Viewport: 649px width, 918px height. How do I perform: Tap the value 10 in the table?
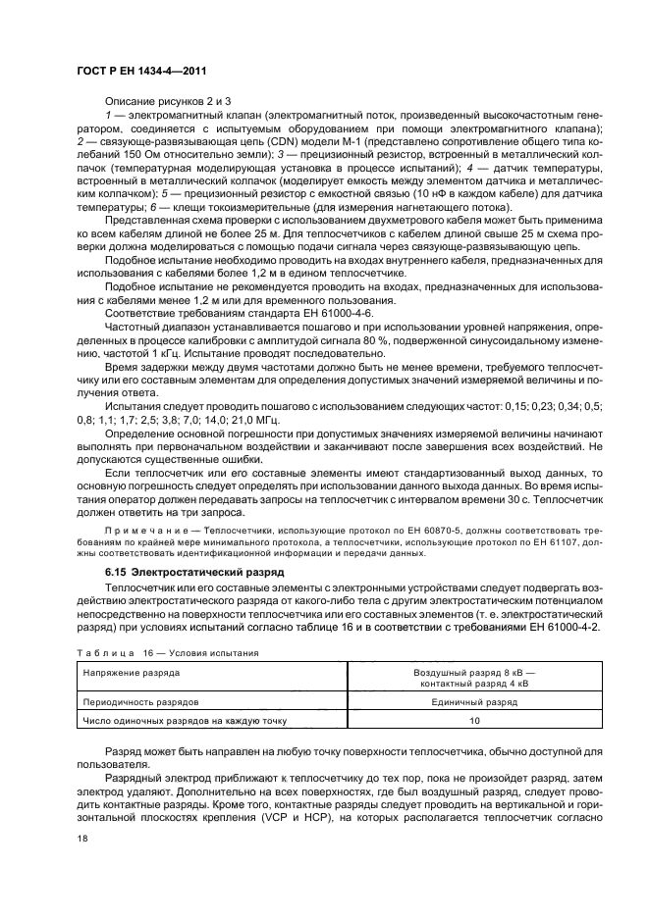(474, 721)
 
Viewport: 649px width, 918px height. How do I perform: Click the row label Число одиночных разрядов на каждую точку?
(184, 721)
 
